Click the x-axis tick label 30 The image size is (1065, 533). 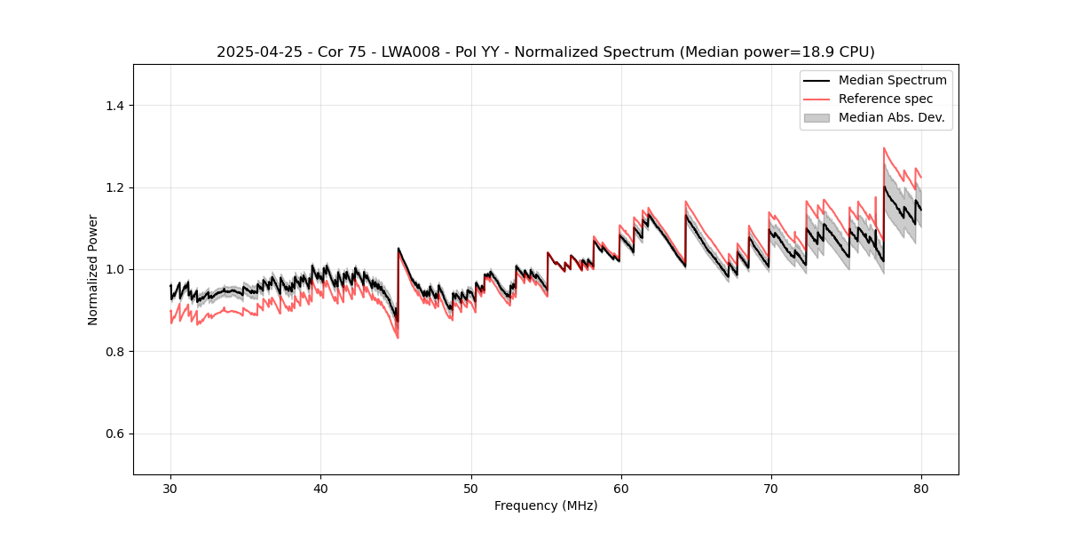[170, 489]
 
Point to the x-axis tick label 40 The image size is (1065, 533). [320, 489]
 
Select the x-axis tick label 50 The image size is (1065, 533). [470, 489]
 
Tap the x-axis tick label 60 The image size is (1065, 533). [620, 489]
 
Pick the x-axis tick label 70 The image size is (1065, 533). [770, 489]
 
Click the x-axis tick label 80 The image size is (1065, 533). [920, 489]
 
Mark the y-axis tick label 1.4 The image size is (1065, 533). [114, 106]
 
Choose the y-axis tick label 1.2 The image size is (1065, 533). [114, 187]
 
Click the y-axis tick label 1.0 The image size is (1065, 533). [114, 269]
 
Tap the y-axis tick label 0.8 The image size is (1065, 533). [114, 352]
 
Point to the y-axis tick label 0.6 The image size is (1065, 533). [114, 434]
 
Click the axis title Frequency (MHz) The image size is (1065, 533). [546, 506]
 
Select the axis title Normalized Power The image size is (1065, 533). [92, 269]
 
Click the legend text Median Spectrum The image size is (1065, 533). [892, 80]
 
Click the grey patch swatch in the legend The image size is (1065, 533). [816, 117]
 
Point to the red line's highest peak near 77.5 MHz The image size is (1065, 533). [884, 148]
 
